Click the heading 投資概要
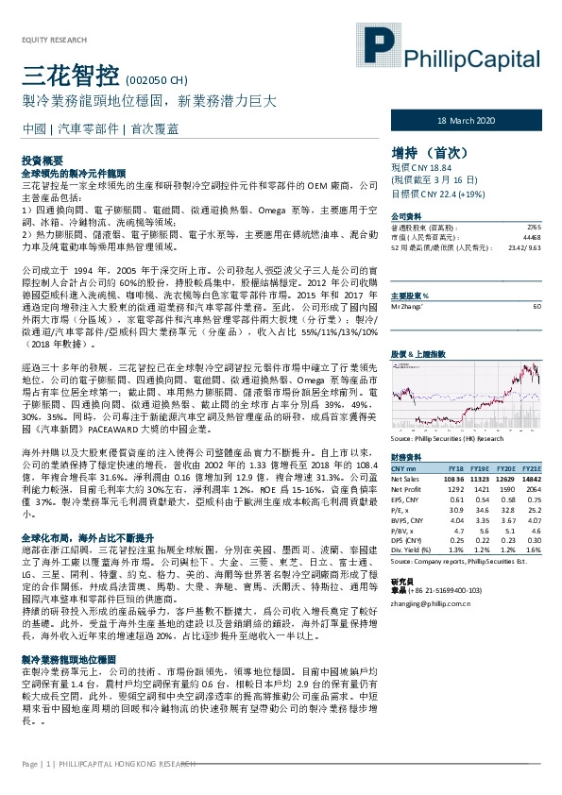tap(42, 162)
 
